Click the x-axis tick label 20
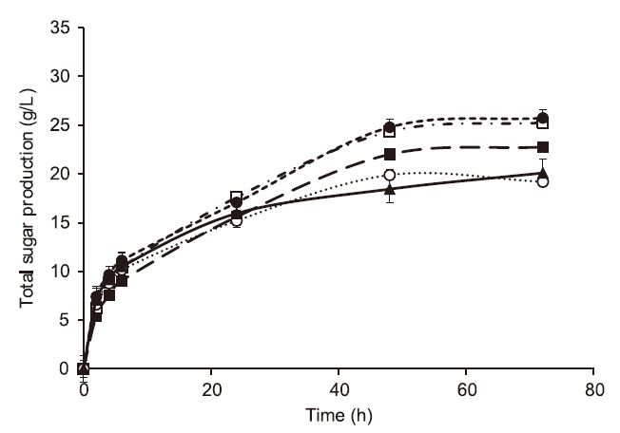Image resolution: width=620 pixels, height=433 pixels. coord(211,389)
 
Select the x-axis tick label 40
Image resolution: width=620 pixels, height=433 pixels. coord(339,389)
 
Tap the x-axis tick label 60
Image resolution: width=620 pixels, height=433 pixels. coord(466,389)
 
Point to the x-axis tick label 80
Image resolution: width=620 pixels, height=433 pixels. coord(593,389)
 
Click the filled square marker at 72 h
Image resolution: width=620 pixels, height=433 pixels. coord(543,147)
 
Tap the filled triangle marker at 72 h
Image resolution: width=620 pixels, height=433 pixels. coord(543,174)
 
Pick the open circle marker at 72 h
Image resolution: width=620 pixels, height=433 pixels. coord(543,181)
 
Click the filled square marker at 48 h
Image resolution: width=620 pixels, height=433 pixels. coord(390,155)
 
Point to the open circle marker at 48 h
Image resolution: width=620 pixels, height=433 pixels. coord(390,175)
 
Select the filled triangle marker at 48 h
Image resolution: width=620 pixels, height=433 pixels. coord(390,189)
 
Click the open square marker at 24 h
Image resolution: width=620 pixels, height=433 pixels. coord(237,198)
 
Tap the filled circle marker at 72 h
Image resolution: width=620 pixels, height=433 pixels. coord(543,119)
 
